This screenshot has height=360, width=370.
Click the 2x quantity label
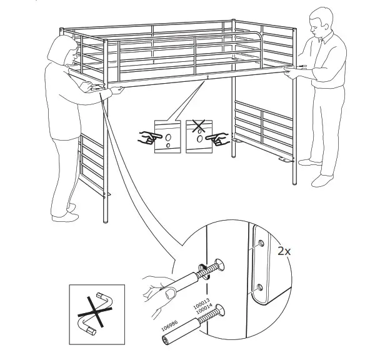285,251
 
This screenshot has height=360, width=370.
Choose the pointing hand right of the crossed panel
219,139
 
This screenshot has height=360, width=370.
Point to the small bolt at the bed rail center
206,77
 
